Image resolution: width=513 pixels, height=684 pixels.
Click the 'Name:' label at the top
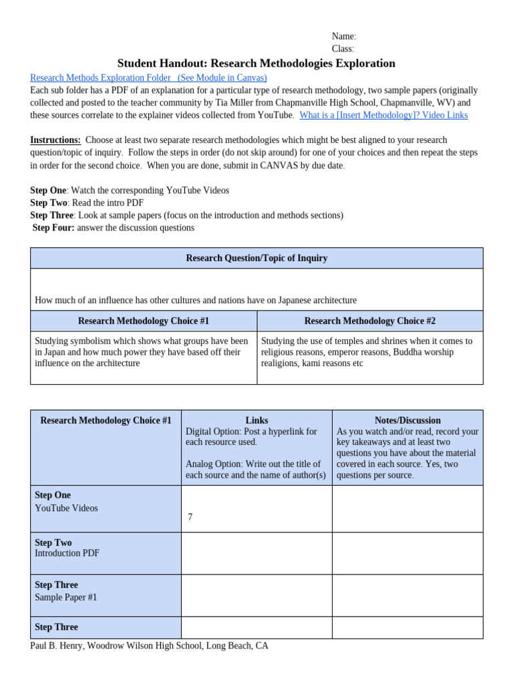343,37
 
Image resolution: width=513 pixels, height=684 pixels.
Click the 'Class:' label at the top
343,49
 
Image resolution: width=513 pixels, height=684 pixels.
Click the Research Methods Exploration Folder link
148,78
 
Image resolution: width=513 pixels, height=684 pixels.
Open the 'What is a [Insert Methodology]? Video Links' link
383,115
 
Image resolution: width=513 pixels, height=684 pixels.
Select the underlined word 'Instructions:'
55,140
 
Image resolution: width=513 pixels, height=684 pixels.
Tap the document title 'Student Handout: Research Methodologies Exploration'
256,63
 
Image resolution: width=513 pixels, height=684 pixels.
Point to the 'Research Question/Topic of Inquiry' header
256,259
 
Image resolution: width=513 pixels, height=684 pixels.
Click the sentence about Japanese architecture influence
196,301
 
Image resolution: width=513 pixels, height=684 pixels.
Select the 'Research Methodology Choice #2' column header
369,321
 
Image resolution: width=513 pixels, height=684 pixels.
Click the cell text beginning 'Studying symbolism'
141,352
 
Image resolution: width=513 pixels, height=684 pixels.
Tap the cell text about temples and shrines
366,352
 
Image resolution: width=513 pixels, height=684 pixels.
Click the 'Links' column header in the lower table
256,421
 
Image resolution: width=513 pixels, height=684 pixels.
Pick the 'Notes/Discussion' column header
407,421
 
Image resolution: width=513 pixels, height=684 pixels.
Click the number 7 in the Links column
190,518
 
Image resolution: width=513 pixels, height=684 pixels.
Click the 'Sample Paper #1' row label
65,598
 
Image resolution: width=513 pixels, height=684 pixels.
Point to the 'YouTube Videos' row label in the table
66,508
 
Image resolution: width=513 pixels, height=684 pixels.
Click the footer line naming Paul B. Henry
149,646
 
